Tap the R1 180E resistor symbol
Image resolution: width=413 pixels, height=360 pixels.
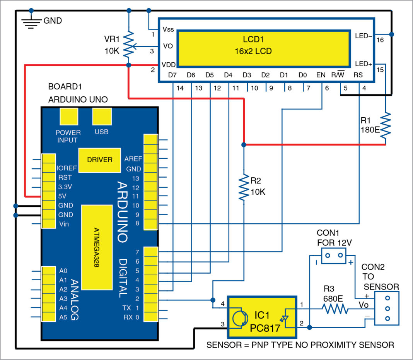point(386,126)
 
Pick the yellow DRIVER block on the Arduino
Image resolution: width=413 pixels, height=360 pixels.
point(99,159)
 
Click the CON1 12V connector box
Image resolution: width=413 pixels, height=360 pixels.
point(333,255)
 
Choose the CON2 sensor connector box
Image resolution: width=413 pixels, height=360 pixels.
point(386,309)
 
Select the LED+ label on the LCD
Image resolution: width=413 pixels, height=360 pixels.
point(363,64)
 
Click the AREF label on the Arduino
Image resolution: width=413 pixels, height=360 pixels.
point(133,159)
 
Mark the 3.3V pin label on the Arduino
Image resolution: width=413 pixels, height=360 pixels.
point(66,187)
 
